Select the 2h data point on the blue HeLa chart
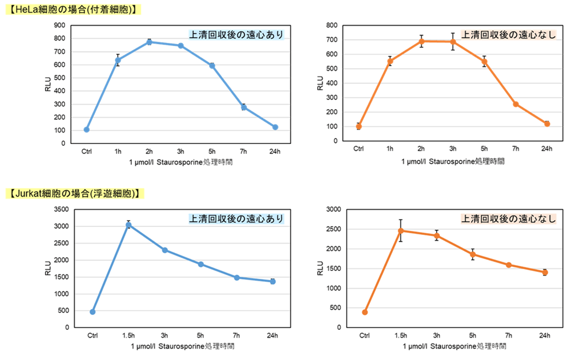click(149, 42)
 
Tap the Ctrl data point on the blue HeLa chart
click(86, 130)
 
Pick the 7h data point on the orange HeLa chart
click(516, 104)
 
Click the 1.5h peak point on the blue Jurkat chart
click(128, 225)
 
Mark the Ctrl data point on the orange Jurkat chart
click(365, 312)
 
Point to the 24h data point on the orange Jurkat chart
click(545, 273)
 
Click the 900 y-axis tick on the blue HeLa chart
click(59, 25)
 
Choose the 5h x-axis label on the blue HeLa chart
click(212, 151)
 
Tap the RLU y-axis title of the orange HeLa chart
click(320, 83)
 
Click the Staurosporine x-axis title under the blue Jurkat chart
click(181, 346)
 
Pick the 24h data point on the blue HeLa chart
click(275, 127)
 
